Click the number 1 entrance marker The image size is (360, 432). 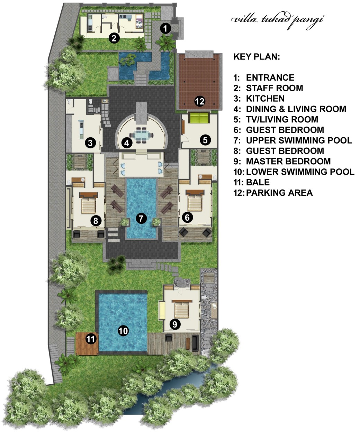click(x=165, y=28)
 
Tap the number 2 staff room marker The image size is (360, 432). click(x=114, y=38)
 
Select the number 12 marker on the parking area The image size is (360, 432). click(x=200, y=101)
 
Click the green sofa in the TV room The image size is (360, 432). click(x=199, y=118)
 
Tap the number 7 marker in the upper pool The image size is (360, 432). click(x=141, y=218)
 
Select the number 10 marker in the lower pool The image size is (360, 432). click(x=123, y=331)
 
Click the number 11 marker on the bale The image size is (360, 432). click(x=91, y=339)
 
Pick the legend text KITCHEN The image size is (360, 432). click(x=265, y=99)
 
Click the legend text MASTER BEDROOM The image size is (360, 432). click(x=288, y=162)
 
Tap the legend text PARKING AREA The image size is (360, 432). click(x=279, y=193)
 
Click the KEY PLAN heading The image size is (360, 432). click(x=256, y=57)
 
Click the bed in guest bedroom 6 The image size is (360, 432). click(x=195, y=203)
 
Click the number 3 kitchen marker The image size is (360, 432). click(x=90, y=143)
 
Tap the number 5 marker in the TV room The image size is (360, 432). click(x=205, y=140)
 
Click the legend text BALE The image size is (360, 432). click(x=258, y=182)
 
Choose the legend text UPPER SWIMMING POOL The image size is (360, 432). click(x=299, y=140)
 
